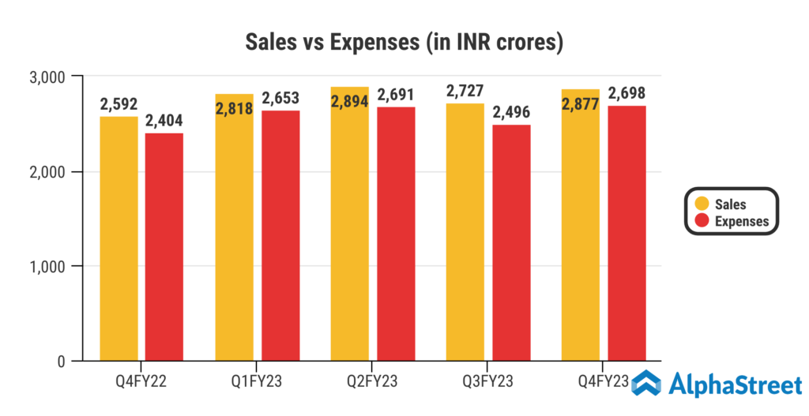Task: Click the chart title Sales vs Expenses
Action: [x=404, y=42]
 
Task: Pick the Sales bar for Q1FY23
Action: [x=234, y=237]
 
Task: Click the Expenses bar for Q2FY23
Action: [x=396, y=237]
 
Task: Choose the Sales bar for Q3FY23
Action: [x=465, y=237]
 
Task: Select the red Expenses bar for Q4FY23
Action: [x=627, y=237]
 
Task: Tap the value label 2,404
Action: [x=164, y=122]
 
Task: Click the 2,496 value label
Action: [x=511, y=113]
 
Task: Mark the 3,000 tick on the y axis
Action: [x=47, y=77]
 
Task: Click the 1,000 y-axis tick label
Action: [x=47, y=267]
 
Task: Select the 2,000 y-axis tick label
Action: [x=47, y=172]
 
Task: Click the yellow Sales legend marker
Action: [x=701, y=204]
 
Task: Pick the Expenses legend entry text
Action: [x=741, y=221]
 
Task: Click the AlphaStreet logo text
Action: [x=736, y=385]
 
